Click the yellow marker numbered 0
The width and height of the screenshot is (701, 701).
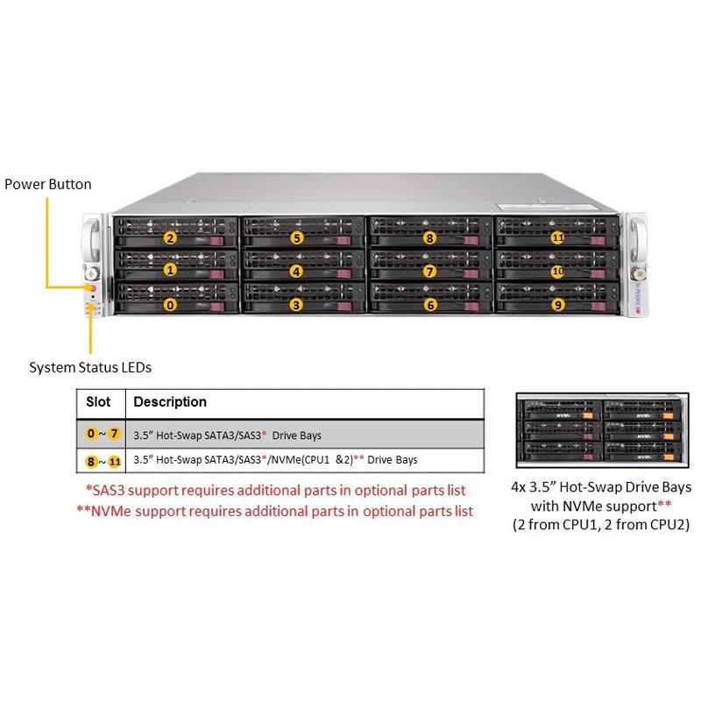171,305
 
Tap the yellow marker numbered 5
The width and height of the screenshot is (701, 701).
297,237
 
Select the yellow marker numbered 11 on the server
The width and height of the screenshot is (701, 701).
556,237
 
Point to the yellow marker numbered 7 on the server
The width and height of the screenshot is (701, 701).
429,271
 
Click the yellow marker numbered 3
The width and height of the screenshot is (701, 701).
297,305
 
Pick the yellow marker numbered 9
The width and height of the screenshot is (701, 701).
556,305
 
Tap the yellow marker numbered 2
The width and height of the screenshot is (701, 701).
171,237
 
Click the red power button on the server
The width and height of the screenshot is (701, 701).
90,287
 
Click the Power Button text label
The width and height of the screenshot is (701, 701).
48,184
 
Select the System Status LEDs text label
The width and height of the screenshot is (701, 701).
84,367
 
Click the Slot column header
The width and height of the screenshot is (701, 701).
99,401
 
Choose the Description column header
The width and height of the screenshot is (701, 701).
170,401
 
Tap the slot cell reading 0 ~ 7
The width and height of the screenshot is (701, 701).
99,433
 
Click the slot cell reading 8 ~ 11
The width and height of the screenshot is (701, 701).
99,459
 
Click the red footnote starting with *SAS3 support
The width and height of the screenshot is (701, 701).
275,490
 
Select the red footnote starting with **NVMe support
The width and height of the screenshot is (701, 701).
275,510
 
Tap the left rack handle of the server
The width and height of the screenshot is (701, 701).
91,237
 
